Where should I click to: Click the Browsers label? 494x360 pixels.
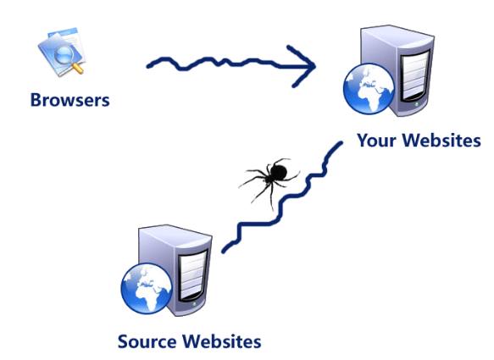coord(70,100)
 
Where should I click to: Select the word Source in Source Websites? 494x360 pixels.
coord(147,341)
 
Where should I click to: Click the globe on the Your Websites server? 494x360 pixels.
coord(369,89)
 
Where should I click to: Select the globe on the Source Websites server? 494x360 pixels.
coord(147,289)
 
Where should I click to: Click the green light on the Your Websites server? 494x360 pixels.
coord(417,104)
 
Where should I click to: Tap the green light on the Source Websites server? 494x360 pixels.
coord(194,304)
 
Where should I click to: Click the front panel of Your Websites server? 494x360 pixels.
coord(414,75)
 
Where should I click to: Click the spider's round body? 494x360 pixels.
coord(278,172)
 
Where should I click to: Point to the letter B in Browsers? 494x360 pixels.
coord(36,100)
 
